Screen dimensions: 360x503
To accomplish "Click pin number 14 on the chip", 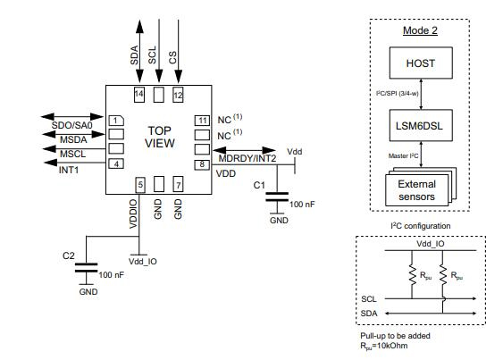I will coord(138,94).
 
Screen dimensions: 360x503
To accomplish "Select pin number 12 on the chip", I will coord(178,94).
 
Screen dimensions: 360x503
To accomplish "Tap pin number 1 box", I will coord(115,120).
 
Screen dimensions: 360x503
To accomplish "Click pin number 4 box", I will coord(115,163).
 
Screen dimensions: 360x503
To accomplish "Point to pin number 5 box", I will coord(139,185).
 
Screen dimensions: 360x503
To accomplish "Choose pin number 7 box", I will coord(178,185).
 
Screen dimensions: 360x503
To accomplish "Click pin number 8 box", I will coord(203,163).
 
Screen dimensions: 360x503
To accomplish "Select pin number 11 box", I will coord(203,120).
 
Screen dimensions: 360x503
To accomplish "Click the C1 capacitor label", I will coord(259,184).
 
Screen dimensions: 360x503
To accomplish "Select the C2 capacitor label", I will coord(68,255).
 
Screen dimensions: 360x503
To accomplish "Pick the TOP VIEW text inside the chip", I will coord(158,137).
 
